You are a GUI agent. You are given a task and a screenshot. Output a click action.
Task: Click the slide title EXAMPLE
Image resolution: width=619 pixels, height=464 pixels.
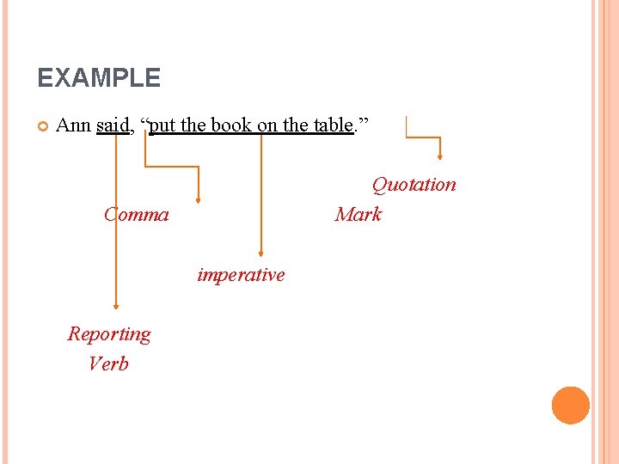click(x=99, y=78)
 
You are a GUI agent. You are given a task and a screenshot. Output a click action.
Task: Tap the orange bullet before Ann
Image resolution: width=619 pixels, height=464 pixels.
click(x=42, y=126)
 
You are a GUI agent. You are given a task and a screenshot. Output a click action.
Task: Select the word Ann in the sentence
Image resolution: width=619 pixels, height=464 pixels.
click(x=72, y=125)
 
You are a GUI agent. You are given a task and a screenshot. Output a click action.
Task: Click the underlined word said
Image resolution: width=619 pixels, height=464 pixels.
click(x=112, y=125)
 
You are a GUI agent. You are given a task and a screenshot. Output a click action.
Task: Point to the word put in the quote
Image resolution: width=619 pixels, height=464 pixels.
click(x=162, y=125)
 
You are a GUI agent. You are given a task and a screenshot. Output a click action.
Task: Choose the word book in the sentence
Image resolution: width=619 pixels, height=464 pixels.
click(x=231, y=125)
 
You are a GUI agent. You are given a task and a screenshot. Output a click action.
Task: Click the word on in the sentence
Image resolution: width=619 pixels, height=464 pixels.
click(x=267, y=125)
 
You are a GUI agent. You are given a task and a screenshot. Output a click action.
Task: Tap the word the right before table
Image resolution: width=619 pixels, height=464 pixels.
click(x=297, y=125)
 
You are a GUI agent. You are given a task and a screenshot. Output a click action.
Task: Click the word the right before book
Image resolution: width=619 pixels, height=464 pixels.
click(x=193, y=125)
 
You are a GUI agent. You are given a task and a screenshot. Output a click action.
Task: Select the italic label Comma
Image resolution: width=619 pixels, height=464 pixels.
click(x=137, y=214)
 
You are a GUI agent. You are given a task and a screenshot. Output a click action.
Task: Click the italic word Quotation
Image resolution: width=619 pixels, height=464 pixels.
click(x=414, y=185)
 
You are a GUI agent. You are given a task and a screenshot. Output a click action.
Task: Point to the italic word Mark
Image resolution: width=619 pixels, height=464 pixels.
click(x=359, y=214)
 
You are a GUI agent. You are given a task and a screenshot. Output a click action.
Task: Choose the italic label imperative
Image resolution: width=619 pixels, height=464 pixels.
click(x=241, y=275)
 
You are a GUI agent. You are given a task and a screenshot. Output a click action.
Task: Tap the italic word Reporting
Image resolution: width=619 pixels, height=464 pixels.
click(x=109, y=333)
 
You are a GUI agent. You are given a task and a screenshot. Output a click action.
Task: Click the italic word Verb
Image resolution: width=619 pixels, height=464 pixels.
click(x=108, y=363)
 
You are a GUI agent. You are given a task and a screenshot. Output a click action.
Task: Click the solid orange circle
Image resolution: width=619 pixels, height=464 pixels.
click(x=571, y=406)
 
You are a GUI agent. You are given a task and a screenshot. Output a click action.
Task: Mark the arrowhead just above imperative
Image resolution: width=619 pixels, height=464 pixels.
click(x=261, y=252)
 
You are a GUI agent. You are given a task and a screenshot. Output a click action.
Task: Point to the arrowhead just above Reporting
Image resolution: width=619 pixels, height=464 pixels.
click(x=115, y=305)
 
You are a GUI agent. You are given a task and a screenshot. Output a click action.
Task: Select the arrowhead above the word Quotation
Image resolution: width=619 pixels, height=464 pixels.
click(x=440, y=156)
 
